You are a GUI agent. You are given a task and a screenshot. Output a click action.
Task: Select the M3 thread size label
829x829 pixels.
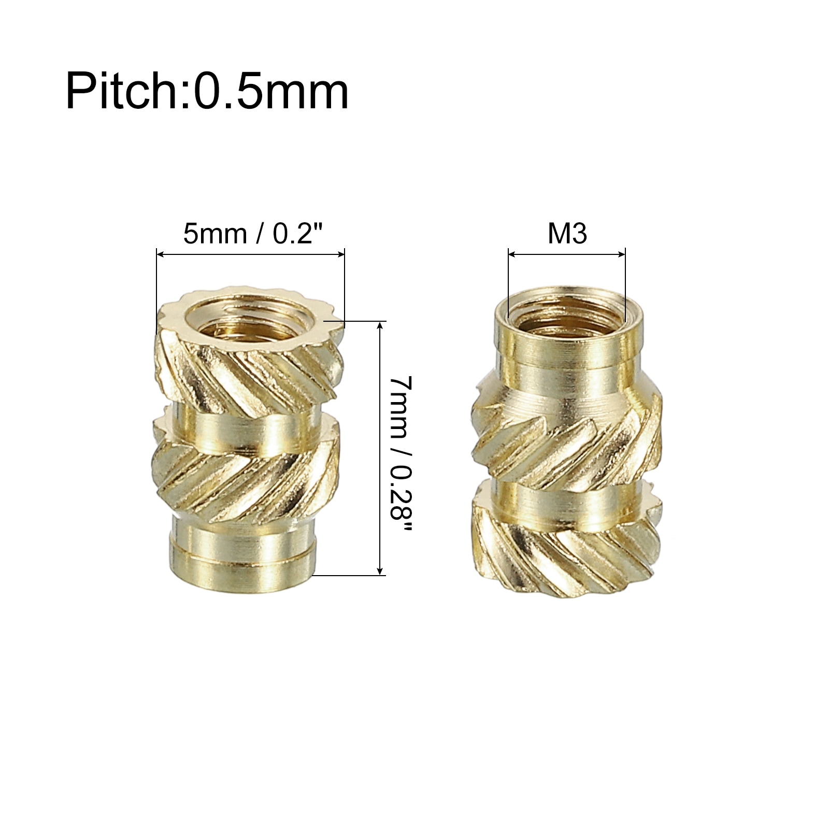coord(567,234)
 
